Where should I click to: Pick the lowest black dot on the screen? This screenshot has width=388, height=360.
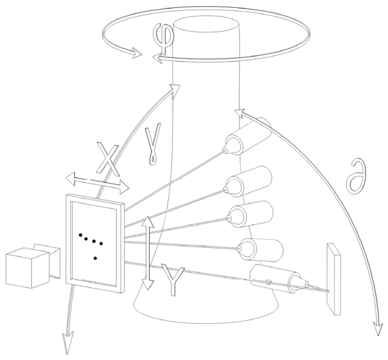pos(96,259)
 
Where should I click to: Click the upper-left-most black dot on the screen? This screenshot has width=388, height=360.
pos(80,233)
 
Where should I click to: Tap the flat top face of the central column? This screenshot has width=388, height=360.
pos(206,26)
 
